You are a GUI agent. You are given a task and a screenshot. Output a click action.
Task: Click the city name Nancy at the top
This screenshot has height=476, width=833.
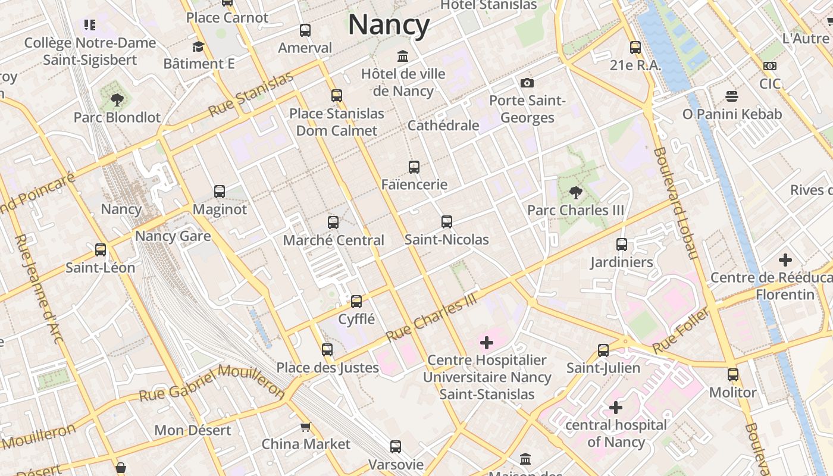click(389, 25)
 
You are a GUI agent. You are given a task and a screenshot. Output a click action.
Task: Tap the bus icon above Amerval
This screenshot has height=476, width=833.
click(305, 30)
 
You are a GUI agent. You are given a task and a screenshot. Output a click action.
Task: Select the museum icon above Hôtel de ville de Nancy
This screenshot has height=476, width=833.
click(403, 56)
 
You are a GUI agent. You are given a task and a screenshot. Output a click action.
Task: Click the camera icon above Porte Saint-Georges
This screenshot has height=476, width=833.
click(527, 83)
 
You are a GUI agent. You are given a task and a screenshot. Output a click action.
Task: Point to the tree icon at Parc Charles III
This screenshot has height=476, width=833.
click(575, 192)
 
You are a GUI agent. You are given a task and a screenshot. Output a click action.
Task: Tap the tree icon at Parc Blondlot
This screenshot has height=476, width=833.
click(117, 99)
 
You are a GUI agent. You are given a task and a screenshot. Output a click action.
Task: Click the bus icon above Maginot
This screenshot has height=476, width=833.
click(220, 191)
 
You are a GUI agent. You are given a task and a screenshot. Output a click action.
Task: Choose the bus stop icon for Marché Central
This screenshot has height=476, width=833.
click(333, 223)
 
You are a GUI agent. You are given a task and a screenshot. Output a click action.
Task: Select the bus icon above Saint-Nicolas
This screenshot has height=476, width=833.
click(447, 222)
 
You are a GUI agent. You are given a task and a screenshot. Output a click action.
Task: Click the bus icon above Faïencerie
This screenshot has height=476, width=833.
click(414, 167)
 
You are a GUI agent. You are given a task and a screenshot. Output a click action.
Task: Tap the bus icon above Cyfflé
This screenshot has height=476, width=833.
click(356, 302)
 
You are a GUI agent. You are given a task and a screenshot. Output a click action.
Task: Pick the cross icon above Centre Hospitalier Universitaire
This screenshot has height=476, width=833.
click(487, 342)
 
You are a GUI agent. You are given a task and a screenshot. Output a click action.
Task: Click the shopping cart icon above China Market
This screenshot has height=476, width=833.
click(306, 427)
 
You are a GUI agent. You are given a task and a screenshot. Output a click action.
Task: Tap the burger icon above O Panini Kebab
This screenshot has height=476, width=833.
click(732, 96)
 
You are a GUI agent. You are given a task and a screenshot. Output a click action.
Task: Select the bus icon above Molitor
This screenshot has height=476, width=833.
click(733, 375)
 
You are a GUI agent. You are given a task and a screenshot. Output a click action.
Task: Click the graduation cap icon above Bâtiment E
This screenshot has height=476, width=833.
click(199, 46)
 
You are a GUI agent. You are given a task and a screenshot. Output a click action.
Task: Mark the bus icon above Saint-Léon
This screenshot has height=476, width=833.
click(101, 250)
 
